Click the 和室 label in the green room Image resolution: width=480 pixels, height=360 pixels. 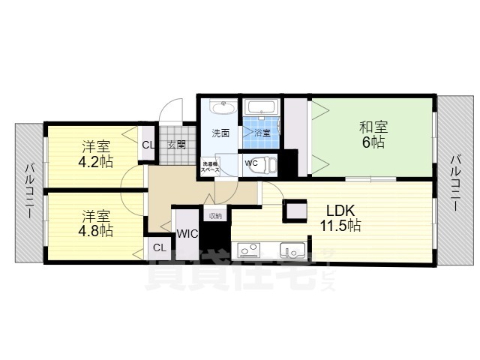(x=373, y=127)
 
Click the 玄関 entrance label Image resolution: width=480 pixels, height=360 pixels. (x=176, y=145)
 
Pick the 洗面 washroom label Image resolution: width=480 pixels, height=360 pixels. (x=220, y=134)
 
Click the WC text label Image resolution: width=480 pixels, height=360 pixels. (x=251, y=163)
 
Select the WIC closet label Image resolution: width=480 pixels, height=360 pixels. (x=187, y=234)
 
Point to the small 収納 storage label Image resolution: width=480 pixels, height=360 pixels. (x=215, y=215)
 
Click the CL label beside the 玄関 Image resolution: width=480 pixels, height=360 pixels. (x=148, y=145)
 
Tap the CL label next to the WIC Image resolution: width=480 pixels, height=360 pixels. (x=159, y=247)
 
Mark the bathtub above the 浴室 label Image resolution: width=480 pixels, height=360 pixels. (x=262, y=106)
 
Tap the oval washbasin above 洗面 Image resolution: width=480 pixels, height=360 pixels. (x=223, y=106)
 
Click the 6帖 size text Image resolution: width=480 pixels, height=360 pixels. (x=373, y=142)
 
